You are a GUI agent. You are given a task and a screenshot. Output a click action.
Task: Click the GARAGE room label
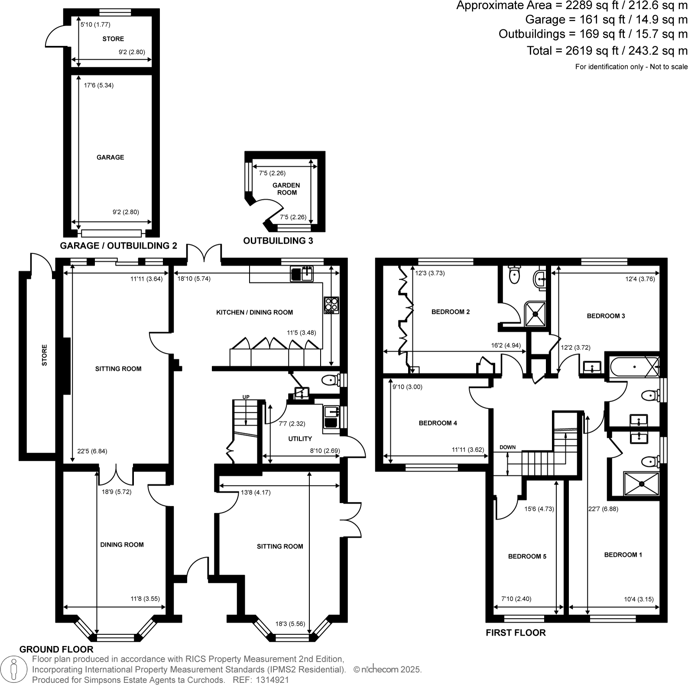(110, 157)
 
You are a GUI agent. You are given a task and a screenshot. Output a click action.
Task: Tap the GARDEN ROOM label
(286, 189)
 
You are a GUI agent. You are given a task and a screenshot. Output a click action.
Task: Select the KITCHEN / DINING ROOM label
(254, 312)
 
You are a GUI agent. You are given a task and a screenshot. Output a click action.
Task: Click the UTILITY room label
(300, 439)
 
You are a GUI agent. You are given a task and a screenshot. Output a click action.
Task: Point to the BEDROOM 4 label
(438, 423)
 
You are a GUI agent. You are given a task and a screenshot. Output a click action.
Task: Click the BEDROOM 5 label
(527, 556)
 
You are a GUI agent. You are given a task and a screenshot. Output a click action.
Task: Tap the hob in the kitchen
(331, 305)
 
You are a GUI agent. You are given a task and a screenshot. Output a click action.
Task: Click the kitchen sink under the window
(302, 274)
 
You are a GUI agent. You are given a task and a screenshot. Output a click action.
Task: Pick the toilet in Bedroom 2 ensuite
(514, 275)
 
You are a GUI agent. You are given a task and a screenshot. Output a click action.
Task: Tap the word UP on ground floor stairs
(246, 397)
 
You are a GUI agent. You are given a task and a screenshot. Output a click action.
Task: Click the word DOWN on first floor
(507, 447)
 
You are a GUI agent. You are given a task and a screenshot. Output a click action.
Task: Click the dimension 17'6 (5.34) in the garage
(99, 85)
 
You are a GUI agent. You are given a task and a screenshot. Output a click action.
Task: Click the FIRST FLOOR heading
(516, 633)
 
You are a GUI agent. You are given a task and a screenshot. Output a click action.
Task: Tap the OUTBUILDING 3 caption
(278, 241)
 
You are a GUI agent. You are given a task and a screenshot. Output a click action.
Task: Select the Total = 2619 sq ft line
(607, 51)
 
